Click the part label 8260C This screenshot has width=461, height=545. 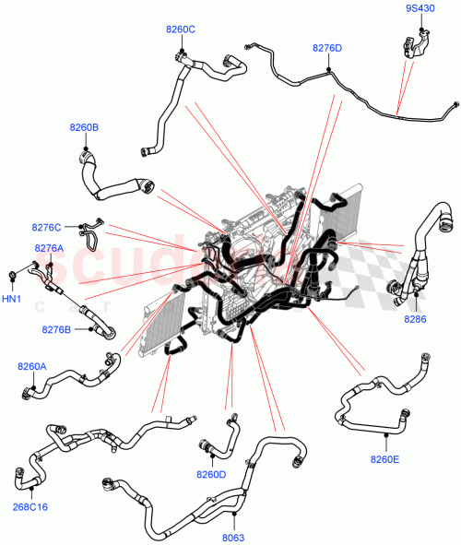pos(181,29)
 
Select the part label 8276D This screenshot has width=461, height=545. pos(326,47)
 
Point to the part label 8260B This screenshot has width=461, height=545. pos(84,127)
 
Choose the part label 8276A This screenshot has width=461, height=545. pos(49,248)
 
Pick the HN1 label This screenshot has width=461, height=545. pos(11,298)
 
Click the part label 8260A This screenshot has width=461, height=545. pos(31,366)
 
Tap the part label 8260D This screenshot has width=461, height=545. pos(211,475)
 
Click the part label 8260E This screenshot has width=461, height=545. pos(385,459)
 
